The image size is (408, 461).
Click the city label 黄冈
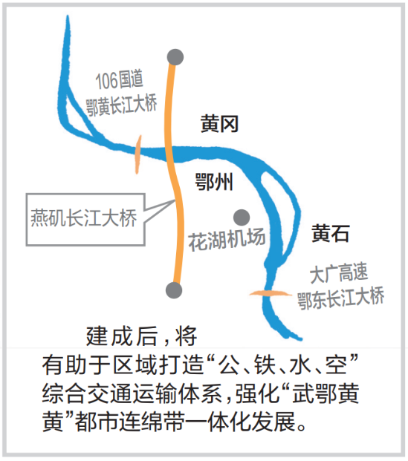click(219, 124)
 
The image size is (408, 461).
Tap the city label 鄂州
click(214, 182)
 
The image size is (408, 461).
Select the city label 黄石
click(330, 233)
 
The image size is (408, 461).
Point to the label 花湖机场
click(227, 240)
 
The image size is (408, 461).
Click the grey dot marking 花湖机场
click(242, 218)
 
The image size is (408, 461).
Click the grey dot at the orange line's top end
click(175, 57)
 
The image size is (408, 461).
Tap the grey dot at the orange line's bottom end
click(174, 290)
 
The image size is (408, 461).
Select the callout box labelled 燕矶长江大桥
click(85, 219)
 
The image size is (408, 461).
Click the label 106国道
click(119, 79)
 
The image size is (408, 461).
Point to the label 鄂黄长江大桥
click(121, 105)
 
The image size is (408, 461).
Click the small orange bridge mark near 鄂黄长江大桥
click(137, 154)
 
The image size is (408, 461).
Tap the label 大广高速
click(339, 273)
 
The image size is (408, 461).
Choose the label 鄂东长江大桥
click(340, 298)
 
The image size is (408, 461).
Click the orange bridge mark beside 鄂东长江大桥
click(269, 293)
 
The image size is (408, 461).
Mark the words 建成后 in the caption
click(121, 336)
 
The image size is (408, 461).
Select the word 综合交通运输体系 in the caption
click(132, 393)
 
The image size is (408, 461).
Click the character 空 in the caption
click(336, 365)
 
